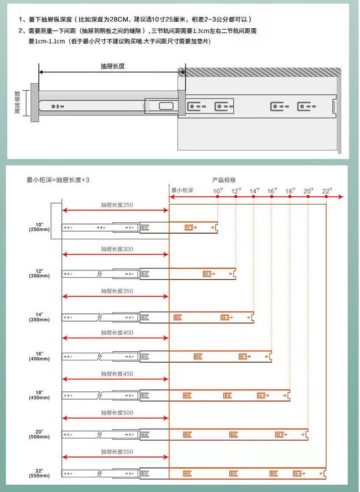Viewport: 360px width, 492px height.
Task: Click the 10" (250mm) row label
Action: pos(39,227)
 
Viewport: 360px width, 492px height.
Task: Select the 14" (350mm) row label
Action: pos(39,317)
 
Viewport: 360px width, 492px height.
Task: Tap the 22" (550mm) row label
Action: pos(39,473)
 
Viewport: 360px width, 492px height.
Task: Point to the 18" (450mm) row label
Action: pos(39,395)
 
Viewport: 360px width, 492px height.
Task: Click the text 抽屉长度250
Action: pos(117,205)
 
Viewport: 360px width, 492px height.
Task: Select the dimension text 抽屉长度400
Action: pos(117,333)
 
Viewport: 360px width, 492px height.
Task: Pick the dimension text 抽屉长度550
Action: pos(117,452)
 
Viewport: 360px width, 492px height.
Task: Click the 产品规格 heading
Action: pos(224,180)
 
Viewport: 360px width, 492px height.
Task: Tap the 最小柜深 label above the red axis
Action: pos(182,190)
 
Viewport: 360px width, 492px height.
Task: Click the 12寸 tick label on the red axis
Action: pos(236,191)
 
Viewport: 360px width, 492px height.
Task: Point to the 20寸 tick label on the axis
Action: pos(308,191)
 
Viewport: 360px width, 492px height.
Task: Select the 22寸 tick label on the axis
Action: pos(326,191)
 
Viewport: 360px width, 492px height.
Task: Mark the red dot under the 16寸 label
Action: pos(272,197)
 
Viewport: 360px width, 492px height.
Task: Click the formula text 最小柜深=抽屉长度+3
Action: pos(58,180)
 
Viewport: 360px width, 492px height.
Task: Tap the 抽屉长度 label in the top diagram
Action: pos(113,66)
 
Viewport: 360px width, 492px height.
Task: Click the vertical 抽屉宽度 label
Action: pos(17,102)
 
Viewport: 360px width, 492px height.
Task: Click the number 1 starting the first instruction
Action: pos(21,20)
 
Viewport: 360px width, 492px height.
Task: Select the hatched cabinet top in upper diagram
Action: pos(263,72)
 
